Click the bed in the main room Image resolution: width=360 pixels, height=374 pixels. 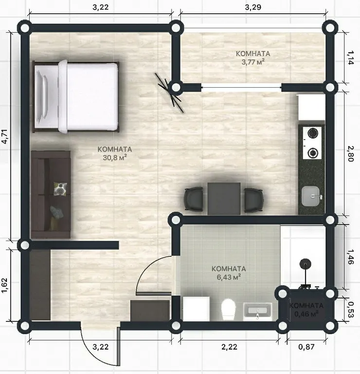click(76, 96)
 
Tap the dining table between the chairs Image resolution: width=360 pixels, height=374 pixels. click(224, 199)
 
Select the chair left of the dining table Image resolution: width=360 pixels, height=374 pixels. click(194, 199)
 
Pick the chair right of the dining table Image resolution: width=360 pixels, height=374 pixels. click(254, 200)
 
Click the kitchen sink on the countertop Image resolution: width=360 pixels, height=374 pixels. click(311, 196)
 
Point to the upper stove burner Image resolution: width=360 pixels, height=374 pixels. click(312, 133)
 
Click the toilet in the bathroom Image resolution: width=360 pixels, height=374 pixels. click(229, 309)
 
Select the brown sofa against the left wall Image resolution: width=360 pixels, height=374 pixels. click(51, 194)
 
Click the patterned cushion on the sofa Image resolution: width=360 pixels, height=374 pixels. click(60, 188)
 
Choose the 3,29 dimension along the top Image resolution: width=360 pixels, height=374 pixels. click(253, 7)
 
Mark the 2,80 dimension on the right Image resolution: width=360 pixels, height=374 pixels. click(350, 154)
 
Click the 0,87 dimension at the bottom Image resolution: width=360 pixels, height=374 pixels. click(306, 347)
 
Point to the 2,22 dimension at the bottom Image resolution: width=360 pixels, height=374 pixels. click(230, 347)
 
